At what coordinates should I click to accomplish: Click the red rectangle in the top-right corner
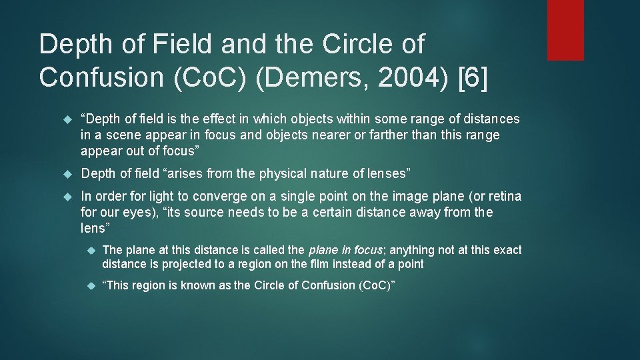(565, 30)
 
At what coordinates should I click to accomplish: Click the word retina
(502, 196)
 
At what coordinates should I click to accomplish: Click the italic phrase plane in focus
(345, 250)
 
